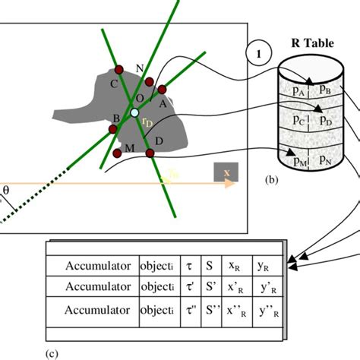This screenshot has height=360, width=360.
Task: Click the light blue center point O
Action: pyautogui.click(x=134, y=112)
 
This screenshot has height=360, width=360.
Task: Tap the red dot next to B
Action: pyautogui.click(x=113, y=129)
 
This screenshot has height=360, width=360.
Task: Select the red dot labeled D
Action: pyautogui.click(x=150, y=153)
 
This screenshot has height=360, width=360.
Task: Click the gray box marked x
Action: pyautogui.click(x=226, y=173)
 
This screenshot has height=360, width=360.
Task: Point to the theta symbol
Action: pyautogui.click(x=7, y=190)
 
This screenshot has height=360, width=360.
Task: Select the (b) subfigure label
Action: pyautogui.click(x=272, y=180)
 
